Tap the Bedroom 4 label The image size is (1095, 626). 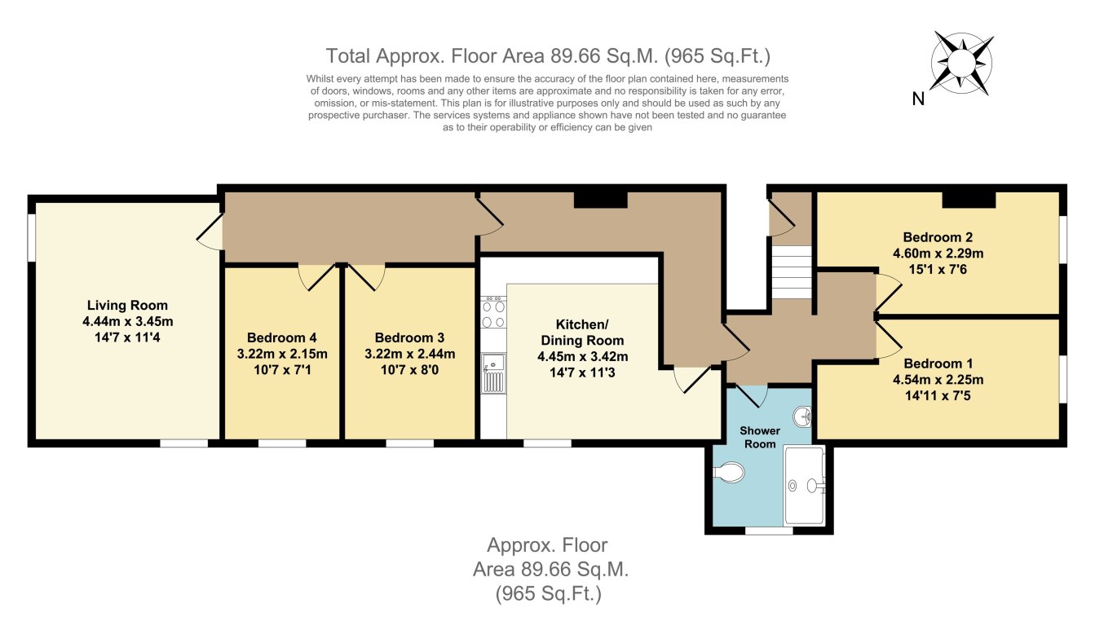(281, 337)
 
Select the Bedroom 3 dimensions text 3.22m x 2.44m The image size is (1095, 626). (409, 354)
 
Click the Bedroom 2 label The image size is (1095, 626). (937, 237)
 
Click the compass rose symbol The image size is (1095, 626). (963, 60)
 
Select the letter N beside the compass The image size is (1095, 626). (918, 100)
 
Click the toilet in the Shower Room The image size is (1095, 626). (730, 473)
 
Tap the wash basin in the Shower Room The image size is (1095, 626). (806, 417)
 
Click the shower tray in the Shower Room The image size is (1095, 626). (804, 485)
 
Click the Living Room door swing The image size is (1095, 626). (210, 232)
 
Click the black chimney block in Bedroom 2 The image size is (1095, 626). (969, 200)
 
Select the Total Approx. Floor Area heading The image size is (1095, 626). (548, 55)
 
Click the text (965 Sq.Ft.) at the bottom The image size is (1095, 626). (548, 594)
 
